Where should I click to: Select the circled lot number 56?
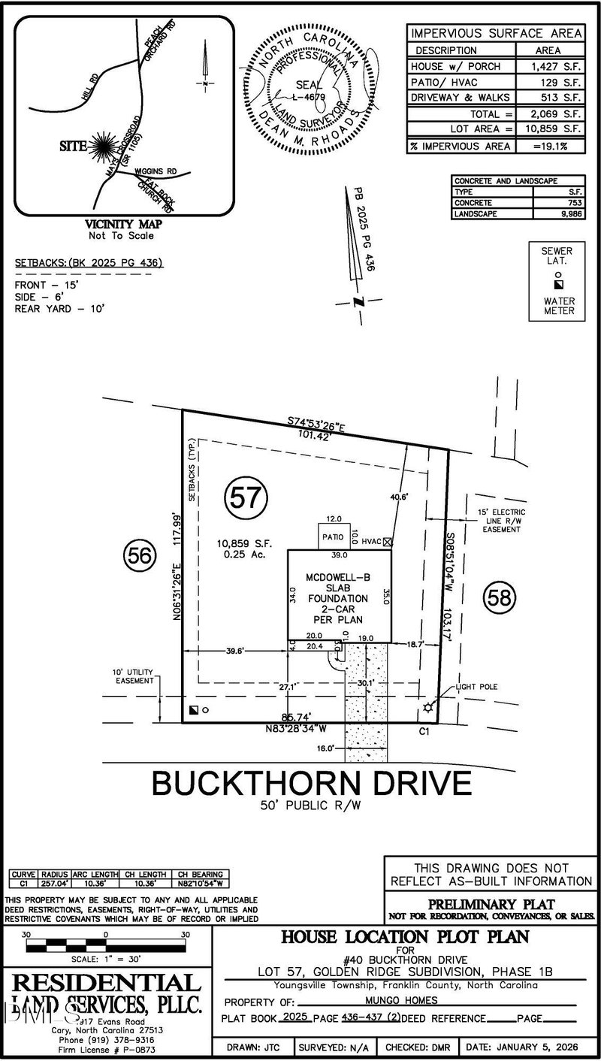(x=140, y=556)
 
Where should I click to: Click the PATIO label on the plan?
(x=333, y=537)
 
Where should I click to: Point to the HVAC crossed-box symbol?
(x=388, y=541)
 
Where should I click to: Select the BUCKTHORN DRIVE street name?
(x=312, y=783)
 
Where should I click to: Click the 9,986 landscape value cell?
(x=557, y=214)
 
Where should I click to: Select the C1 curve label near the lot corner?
(x=423, y=729)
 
